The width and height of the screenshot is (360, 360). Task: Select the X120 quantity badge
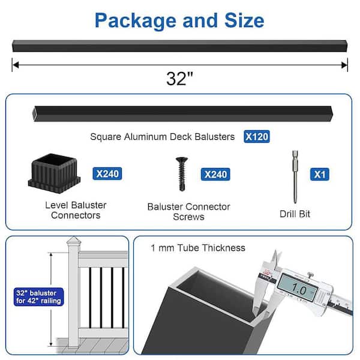[257, 137]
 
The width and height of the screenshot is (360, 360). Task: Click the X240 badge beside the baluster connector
[108, 174]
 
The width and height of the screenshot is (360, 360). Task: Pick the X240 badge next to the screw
[216, 174]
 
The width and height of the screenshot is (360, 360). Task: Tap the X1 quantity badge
[319, 174]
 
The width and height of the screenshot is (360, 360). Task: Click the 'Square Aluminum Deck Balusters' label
[162, 137]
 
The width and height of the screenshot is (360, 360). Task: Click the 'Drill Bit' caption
[294, 214]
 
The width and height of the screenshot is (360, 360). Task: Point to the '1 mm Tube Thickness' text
[198, 247]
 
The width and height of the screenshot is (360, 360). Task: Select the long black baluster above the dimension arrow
[179, 46]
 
